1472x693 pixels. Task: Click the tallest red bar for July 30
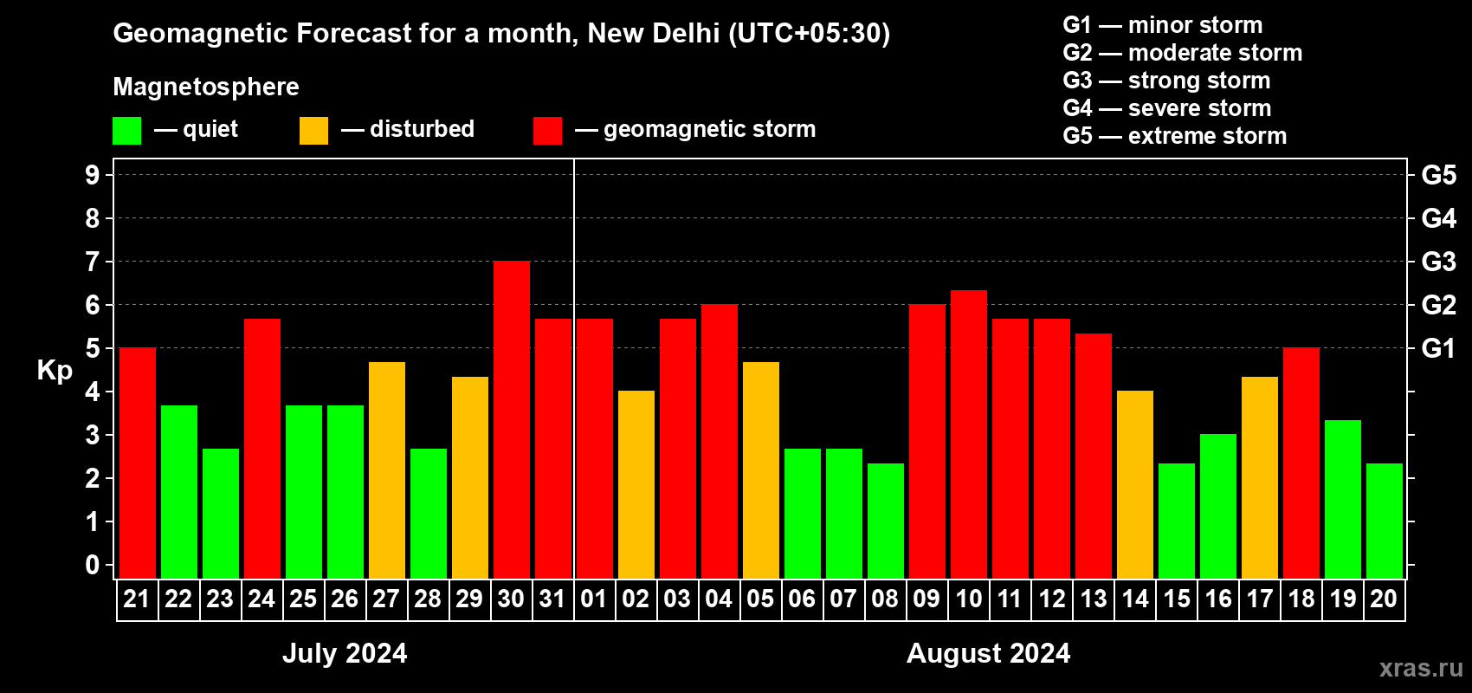[x=511, y=420]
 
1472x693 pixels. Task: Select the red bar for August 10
[x=968, y=434]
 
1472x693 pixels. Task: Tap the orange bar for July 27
[x=386, y=470]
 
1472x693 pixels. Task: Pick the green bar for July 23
[x=220, y=514]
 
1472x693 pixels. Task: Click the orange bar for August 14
[x=1134, y=484]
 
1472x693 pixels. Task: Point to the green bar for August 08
[x=885, y=521]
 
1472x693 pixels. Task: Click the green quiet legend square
[x=126, y=131]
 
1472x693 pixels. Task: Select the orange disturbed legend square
[x=313, y=131]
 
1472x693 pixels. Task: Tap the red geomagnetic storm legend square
[x=547, y=131]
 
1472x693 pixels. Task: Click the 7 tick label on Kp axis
[x=93, y=262]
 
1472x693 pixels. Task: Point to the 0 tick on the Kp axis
[x=93, y=565]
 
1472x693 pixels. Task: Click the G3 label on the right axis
[x=1438, y=262]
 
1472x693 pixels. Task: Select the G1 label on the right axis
[x=1438, y=348]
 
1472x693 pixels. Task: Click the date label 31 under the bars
[x=552, y=599]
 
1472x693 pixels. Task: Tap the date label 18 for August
[x=1301, y=599]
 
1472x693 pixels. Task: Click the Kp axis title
[x=55, y=371]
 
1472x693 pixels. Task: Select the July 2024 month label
[x=345, y=653]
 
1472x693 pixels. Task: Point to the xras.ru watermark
[x=1421, y=667]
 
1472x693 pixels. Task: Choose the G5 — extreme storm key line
[x=1174, y=136]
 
